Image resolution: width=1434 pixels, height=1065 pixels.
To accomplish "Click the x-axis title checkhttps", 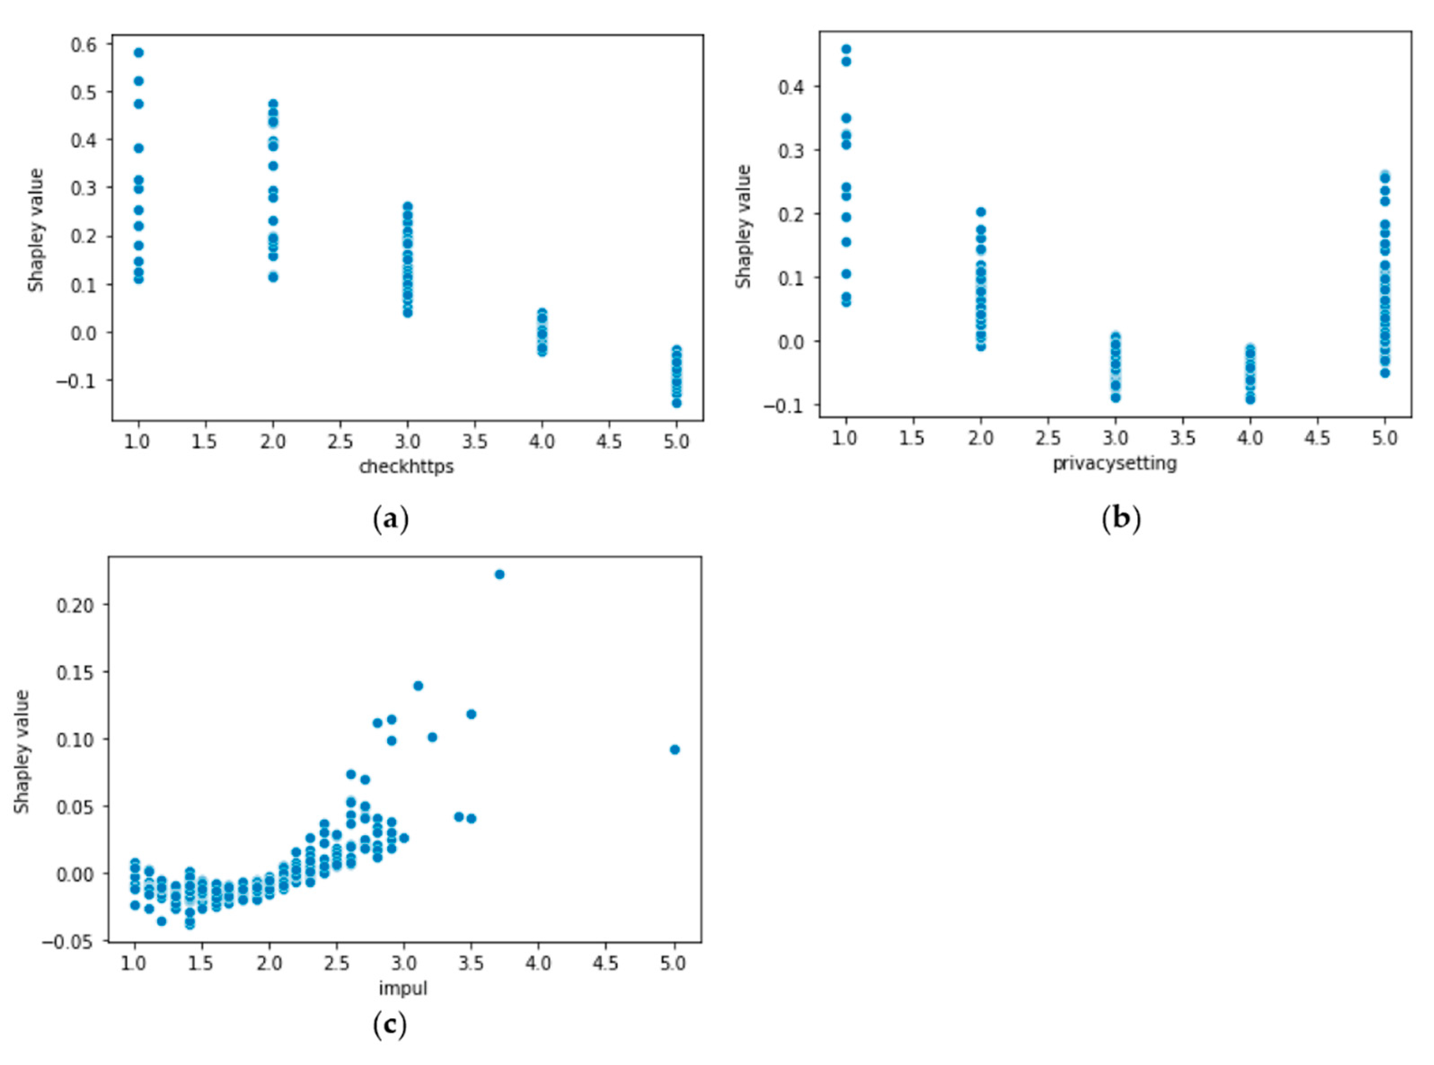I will (406, 466).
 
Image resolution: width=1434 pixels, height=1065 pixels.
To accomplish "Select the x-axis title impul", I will (403, 988).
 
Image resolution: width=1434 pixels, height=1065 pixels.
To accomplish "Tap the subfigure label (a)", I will (391, 518).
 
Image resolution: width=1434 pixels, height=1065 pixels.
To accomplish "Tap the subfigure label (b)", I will (1121, 518).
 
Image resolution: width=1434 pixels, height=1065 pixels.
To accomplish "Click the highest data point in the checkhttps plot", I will (139, 52).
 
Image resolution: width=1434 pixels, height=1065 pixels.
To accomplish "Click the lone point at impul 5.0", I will (675, 750).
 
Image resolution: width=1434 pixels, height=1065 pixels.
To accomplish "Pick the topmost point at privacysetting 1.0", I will (846, 49).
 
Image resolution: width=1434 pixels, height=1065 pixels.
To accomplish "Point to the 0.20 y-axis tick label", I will (75, 605).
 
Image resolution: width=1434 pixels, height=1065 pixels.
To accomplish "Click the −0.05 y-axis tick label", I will (68, 942).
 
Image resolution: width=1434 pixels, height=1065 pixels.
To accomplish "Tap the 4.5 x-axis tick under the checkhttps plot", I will (609, 442).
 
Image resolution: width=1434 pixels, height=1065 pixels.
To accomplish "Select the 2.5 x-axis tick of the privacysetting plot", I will (1048, 438).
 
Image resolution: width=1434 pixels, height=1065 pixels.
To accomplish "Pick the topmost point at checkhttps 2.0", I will (273, 104).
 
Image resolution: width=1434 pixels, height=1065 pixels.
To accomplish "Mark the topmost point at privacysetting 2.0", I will (981, 212).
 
